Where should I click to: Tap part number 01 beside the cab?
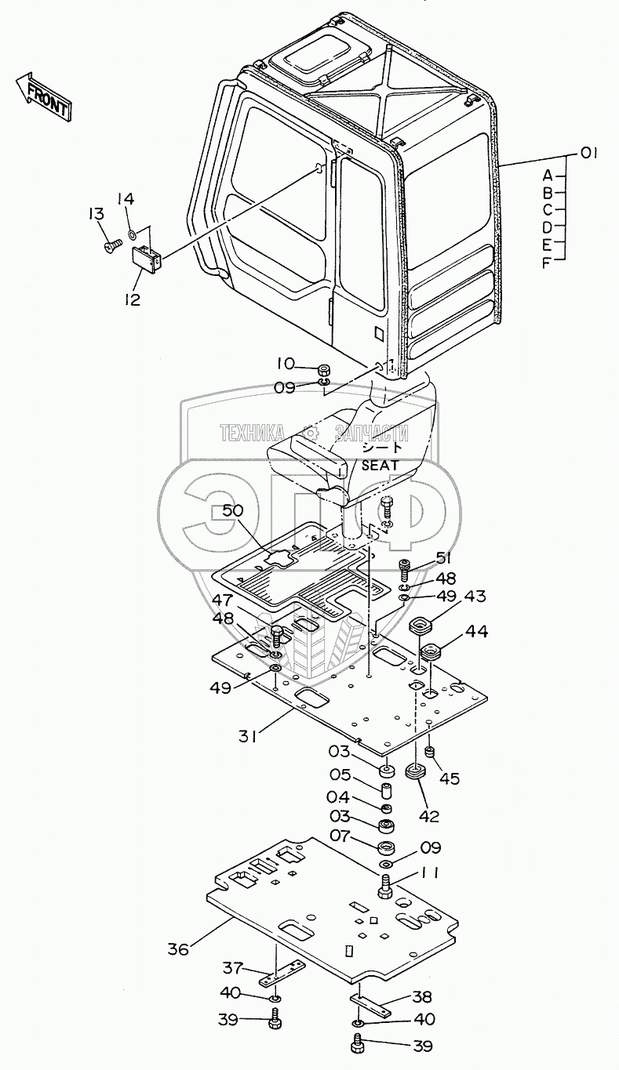click(588, 154)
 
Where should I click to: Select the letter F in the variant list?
click(547, 263)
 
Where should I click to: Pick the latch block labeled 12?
click(147, 258)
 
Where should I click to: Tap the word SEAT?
click(380, 466)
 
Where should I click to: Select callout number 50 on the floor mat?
click(233, 511)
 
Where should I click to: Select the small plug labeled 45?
click(430, 753)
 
